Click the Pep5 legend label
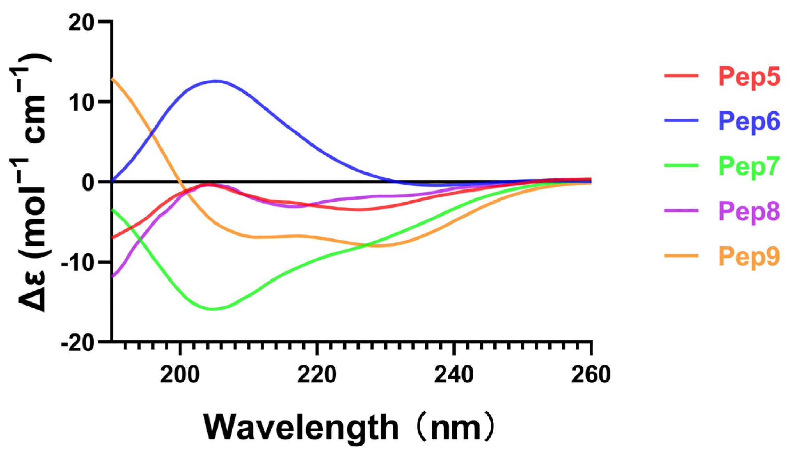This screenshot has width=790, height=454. click(749, 76)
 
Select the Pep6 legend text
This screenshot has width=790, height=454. click(749, 121)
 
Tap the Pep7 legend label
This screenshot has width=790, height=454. click(749, 166)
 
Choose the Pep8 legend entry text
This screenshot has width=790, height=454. click(749, 211)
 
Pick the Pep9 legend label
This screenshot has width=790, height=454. click(749, 256)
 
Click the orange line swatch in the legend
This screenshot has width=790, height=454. click(681, 256)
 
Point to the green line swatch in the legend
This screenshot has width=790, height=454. click(681, 165)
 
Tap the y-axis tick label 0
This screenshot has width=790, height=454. click(88, 182)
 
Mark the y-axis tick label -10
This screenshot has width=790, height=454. click(77, 262)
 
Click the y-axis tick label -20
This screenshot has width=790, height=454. click(77, 343)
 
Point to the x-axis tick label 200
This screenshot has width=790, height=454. click(180, 375)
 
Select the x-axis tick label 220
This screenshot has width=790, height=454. click(317, 375)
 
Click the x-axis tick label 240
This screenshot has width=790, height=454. click(454, 375)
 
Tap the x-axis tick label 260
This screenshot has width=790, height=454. click(591, 375)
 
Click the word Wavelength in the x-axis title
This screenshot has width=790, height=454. click(301, 428)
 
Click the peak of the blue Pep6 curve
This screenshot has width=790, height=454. click(216, 81)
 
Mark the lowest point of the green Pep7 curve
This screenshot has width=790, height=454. click(213, 309)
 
